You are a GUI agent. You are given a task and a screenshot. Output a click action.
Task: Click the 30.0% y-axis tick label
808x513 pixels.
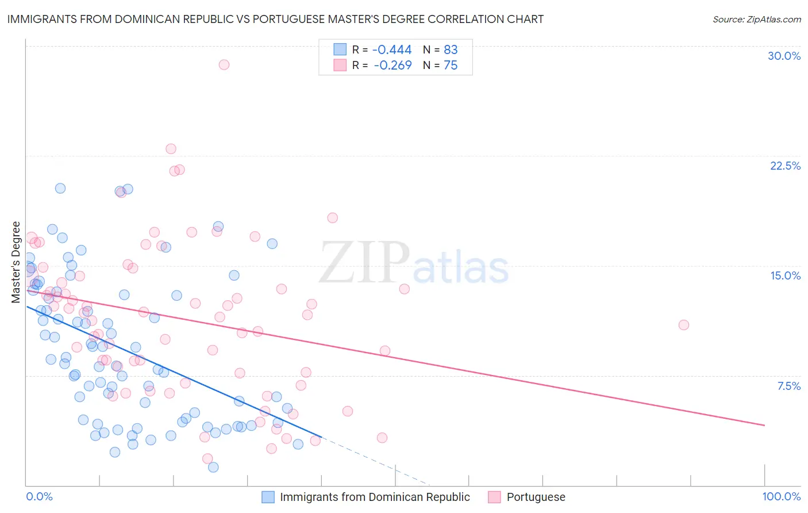(x=784, y=56)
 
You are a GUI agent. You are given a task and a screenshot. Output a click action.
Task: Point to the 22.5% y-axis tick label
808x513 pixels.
(x=785, y=166)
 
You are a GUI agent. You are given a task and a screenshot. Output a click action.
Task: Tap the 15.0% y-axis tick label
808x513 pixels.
(x=785, y=275)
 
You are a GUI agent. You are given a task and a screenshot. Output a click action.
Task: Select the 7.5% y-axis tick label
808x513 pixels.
(x=788, y=386)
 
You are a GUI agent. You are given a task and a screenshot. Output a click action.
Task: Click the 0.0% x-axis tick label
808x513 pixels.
(x=39, y=496)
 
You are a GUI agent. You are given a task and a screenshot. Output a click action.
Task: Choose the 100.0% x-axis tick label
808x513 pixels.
(x=781, y=496)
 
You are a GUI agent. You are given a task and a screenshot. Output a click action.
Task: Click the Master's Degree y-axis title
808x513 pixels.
(x=16, y=262)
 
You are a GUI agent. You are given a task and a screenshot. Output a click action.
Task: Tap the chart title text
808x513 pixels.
(x=275, y=19)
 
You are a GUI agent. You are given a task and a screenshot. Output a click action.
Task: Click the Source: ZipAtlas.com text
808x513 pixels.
(x=756, y=19)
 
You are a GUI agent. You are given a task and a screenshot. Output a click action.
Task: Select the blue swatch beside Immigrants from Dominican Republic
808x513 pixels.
(x=268, y=497)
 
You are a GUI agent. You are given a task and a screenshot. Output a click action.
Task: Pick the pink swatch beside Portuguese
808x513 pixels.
(x=494, y=497)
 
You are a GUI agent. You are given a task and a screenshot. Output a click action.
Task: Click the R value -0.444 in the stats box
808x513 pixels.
(x=392, y=50)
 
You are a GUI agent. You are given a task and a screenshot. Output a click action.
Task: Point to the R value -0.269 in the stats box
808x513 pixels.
(x=393, y=66)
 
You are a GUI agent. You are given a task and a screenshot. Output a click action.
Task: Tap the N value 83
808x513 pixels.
(x=451, y=50)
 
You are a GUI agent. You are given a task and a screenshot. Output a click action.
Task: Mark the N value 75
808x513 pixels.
(x=451, y=66)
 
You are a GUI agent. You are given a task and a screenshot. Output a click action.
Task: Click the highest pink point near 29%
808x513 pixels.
(x=224, y=64)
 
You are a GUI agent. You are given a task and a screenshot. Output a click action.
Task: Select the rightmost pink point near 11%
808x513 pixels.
(x=683, y=325)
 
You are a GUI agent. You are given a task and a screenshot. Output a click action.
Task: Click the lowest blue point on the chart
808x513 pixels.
(x=213, y=467)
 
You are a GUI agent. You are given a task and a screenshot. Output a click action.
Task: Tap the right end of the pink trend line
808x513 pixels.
(x=764, y=425)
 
